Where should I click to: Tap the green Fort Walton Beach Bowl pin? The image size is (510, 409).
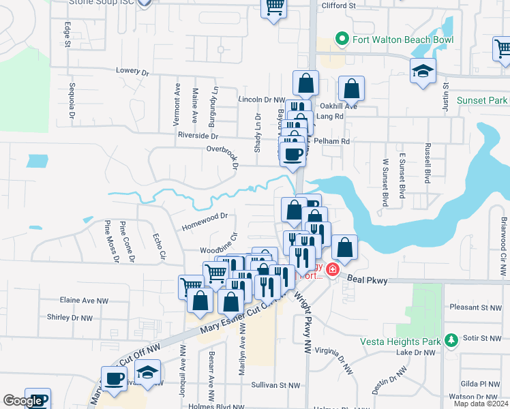343,39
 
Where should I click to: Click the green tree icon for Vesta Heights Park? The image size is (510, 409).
449,339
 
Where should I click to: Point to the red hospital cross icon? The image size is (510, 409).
332,270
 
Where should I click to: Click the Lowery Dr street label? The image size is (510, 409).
132,71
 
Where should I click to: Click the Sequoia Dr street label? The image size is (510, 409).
72,101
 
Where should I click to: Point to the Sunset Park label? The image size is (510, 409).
483,100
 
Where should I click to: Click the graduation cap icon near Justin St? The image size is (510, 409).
423,70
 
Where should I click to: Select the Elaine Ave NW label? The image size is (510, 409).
84,299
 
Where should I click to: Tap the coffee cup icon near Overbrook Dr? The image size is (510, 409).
292,155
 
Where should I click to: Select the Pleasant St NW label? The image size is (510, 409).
476,307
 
